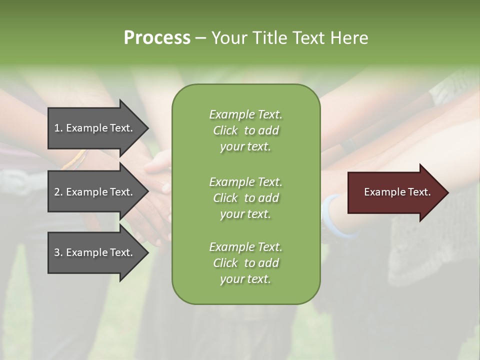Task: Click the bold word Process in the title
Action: pos(157,38)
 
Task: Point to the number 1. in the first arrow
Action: pos(58,128)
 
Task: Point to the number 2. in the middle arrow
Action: pos(58,192)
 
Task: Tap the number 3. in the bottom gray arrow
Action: pos(58,252)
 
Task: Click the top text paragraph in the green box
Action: pos(245,130)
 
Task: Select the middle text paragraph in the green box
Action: pos(245,198)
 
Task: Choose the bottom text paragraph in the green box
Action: pos(245,263)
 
